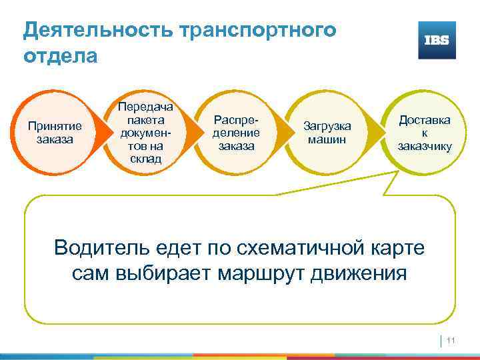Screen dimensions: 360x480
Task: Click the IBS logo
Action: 437,40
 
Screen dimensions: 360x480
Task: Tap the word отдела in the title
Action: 60,56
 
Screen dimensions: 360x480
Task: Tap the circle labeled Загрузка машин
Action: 327,132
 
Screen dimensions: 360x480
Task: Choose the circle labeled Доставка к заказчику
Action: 424,132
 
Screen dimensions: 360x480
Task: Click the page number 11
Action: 450,341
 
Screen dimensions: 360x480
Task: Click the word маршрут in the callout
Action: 274,273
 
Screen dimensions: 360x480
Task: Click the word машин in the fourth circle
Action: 327,139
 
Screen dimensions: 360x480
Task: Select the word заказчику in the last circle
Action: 424,146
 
